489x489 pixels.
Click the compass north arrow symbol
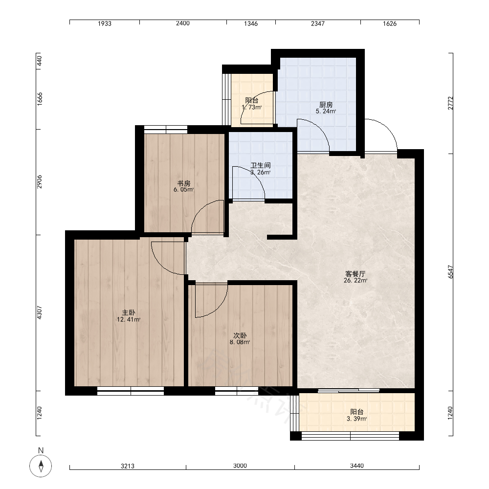[x=41, y=466]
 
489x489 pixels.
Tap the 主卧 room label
[x=129, y=312]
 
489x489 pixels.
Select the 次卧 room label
[x=240, y=335]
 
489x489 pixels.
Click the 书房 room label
[x=184, y=183]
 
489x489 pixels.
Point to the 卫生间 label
[x=261, y=165]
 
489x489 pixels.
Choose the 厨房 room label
[x=326, y=105]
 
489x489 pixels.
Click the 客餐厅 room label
[x=355, y=274]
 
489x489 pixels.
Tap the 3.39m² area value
[x=357, y=419]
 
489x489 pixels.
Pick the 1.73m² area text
[x=252, y=107]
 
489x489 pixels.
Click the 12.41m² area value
[x=129, y=319]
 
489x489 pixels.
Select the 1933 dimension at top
[x=105, y=23]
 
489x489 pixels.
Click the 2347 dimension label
[x=318, y=23]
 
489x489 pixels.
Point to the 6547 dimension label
[x=450, y=272]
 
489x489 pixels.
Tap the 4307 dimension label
[x=39, y=312]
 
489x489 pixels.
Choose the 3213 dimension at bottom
[x=128, y=466]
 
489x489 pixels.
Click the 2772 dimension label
[x=450, y=103]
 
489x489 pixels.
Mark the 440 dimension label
[x=39, y=61]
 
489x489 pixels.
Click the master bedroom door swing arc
[x=161, y=265]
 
